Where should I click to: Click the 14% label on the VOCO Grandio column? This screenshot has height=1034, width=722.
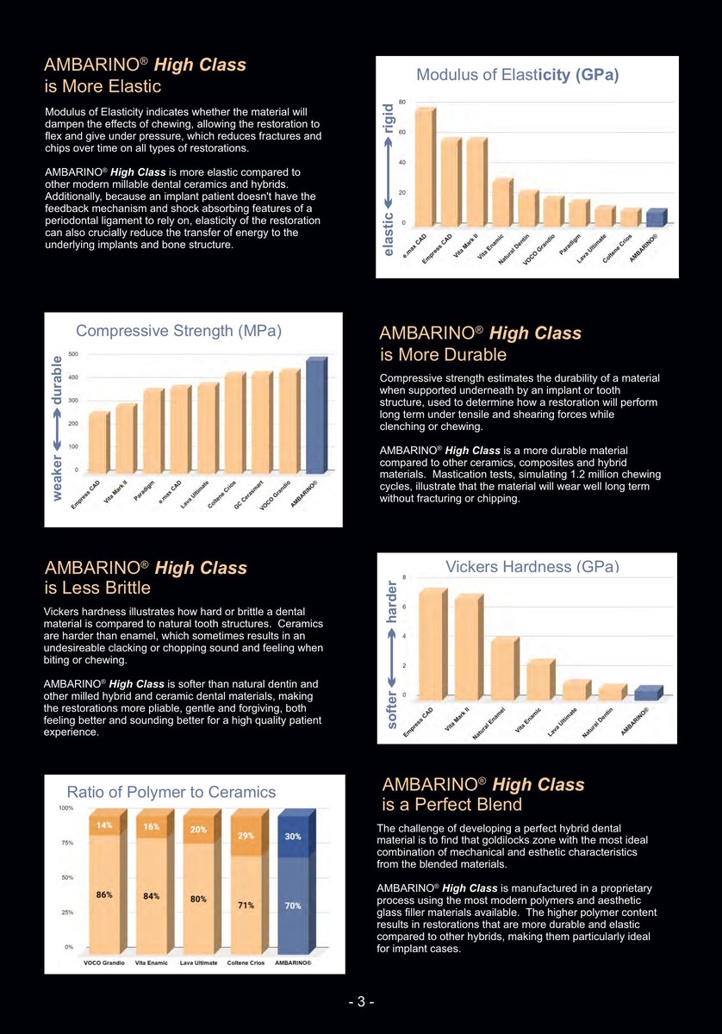tap(104, 825)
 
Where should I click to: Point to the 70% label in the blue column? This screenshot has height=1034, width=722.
tap(293, 906)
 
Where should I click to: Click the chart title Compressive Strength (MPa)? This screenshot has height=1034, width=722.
tap(179, 330)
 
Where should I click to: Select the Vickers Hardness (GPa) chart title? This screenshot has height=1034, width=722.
tap(532, 566)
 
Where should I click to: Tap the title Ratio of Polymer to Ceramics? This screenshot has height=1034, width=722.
tap(171, 792)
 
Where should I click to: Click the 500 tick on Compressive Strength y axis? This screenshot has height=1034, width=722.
tap(73, 353)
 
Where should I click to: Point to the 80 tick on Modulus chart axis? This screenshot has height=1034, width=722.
tap(401, 102)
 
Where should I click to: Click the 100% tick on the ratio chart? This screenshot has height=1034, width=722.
tap(65, 807)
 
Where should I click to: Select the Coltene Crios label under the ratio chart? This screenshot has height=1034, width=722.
tap(246, 962)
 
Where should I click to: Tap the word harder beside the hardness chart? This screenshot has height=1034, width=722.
tap(392, 600)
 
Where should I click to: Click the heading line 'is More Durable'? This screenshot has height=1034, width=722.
tap(444, 355)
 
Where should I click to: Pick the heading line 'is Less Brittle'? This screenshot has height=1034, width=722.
tap(97, 589)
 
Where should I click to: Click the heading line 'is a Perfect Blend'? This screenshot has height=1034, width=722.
tap(451, 805)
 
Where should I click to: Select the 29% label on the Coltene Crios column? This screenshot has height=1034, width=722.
tap(246, 836)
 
